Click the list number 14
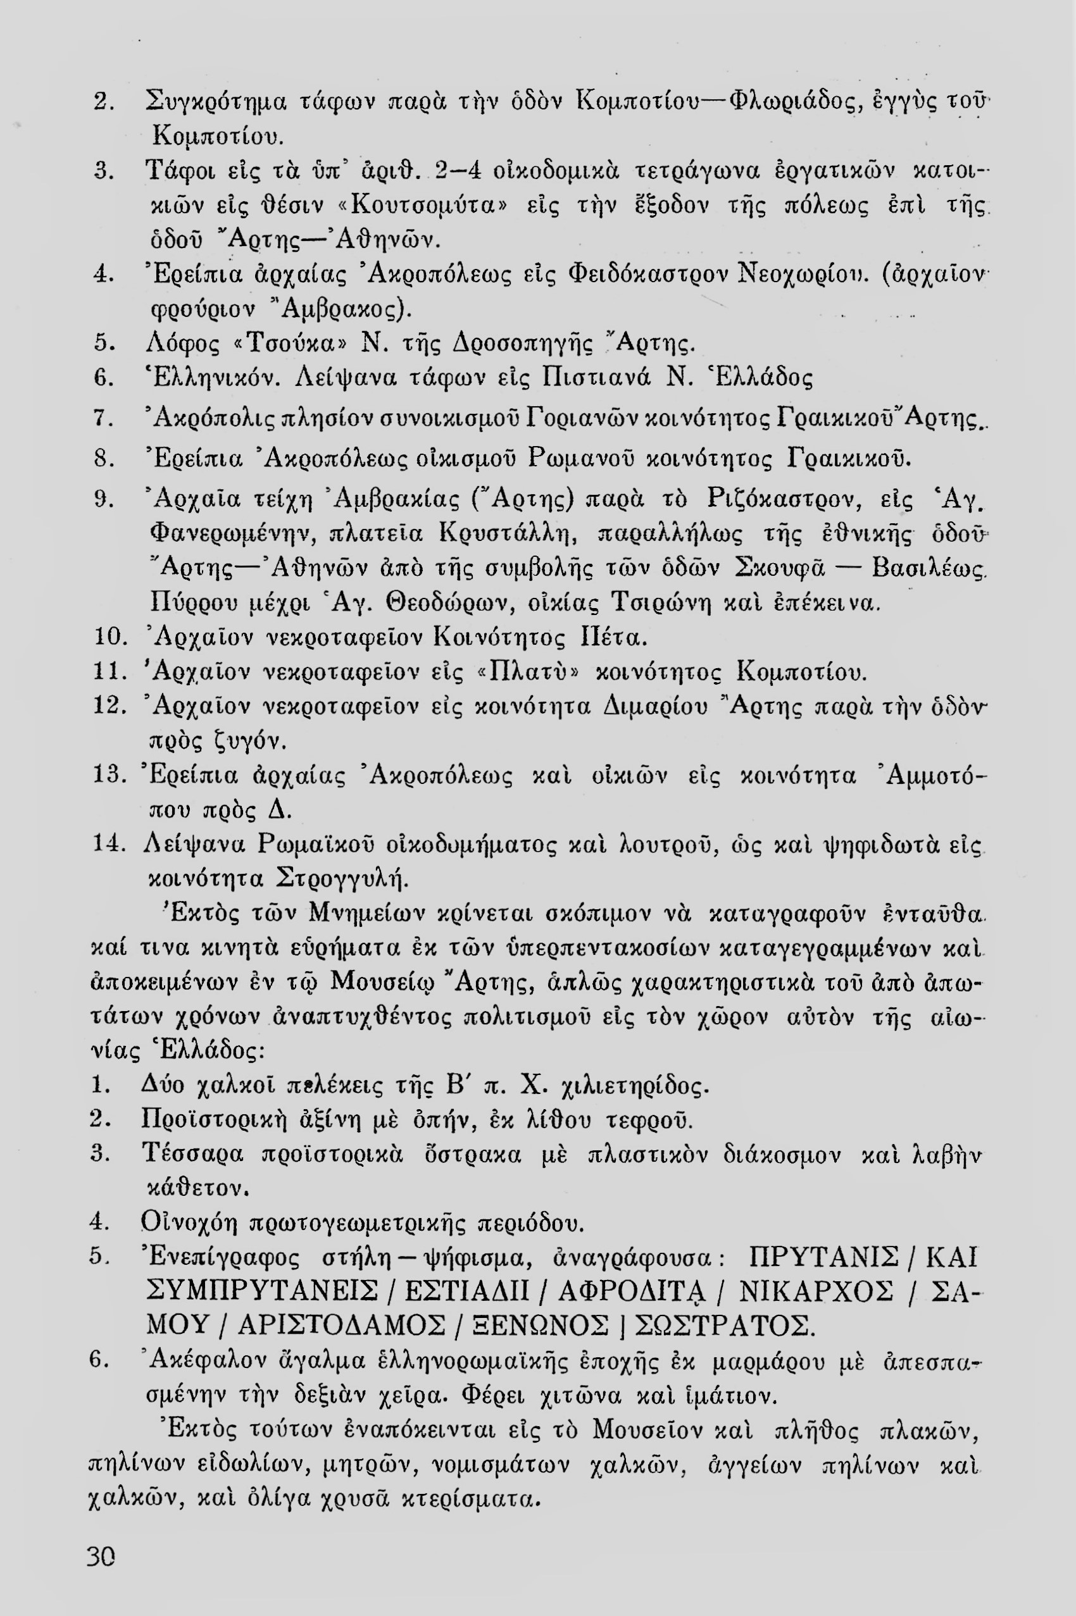(106, 843)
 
